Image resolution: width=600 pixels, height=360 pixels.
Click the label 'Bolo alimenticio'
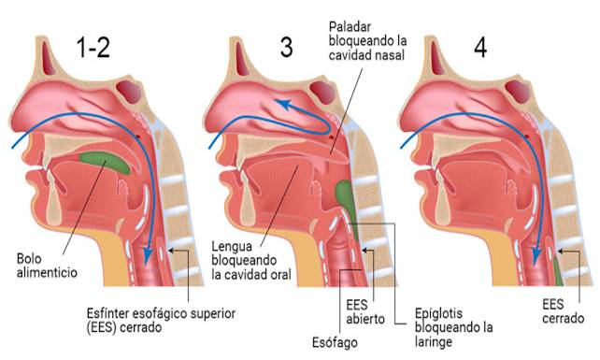pos(47,266)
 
